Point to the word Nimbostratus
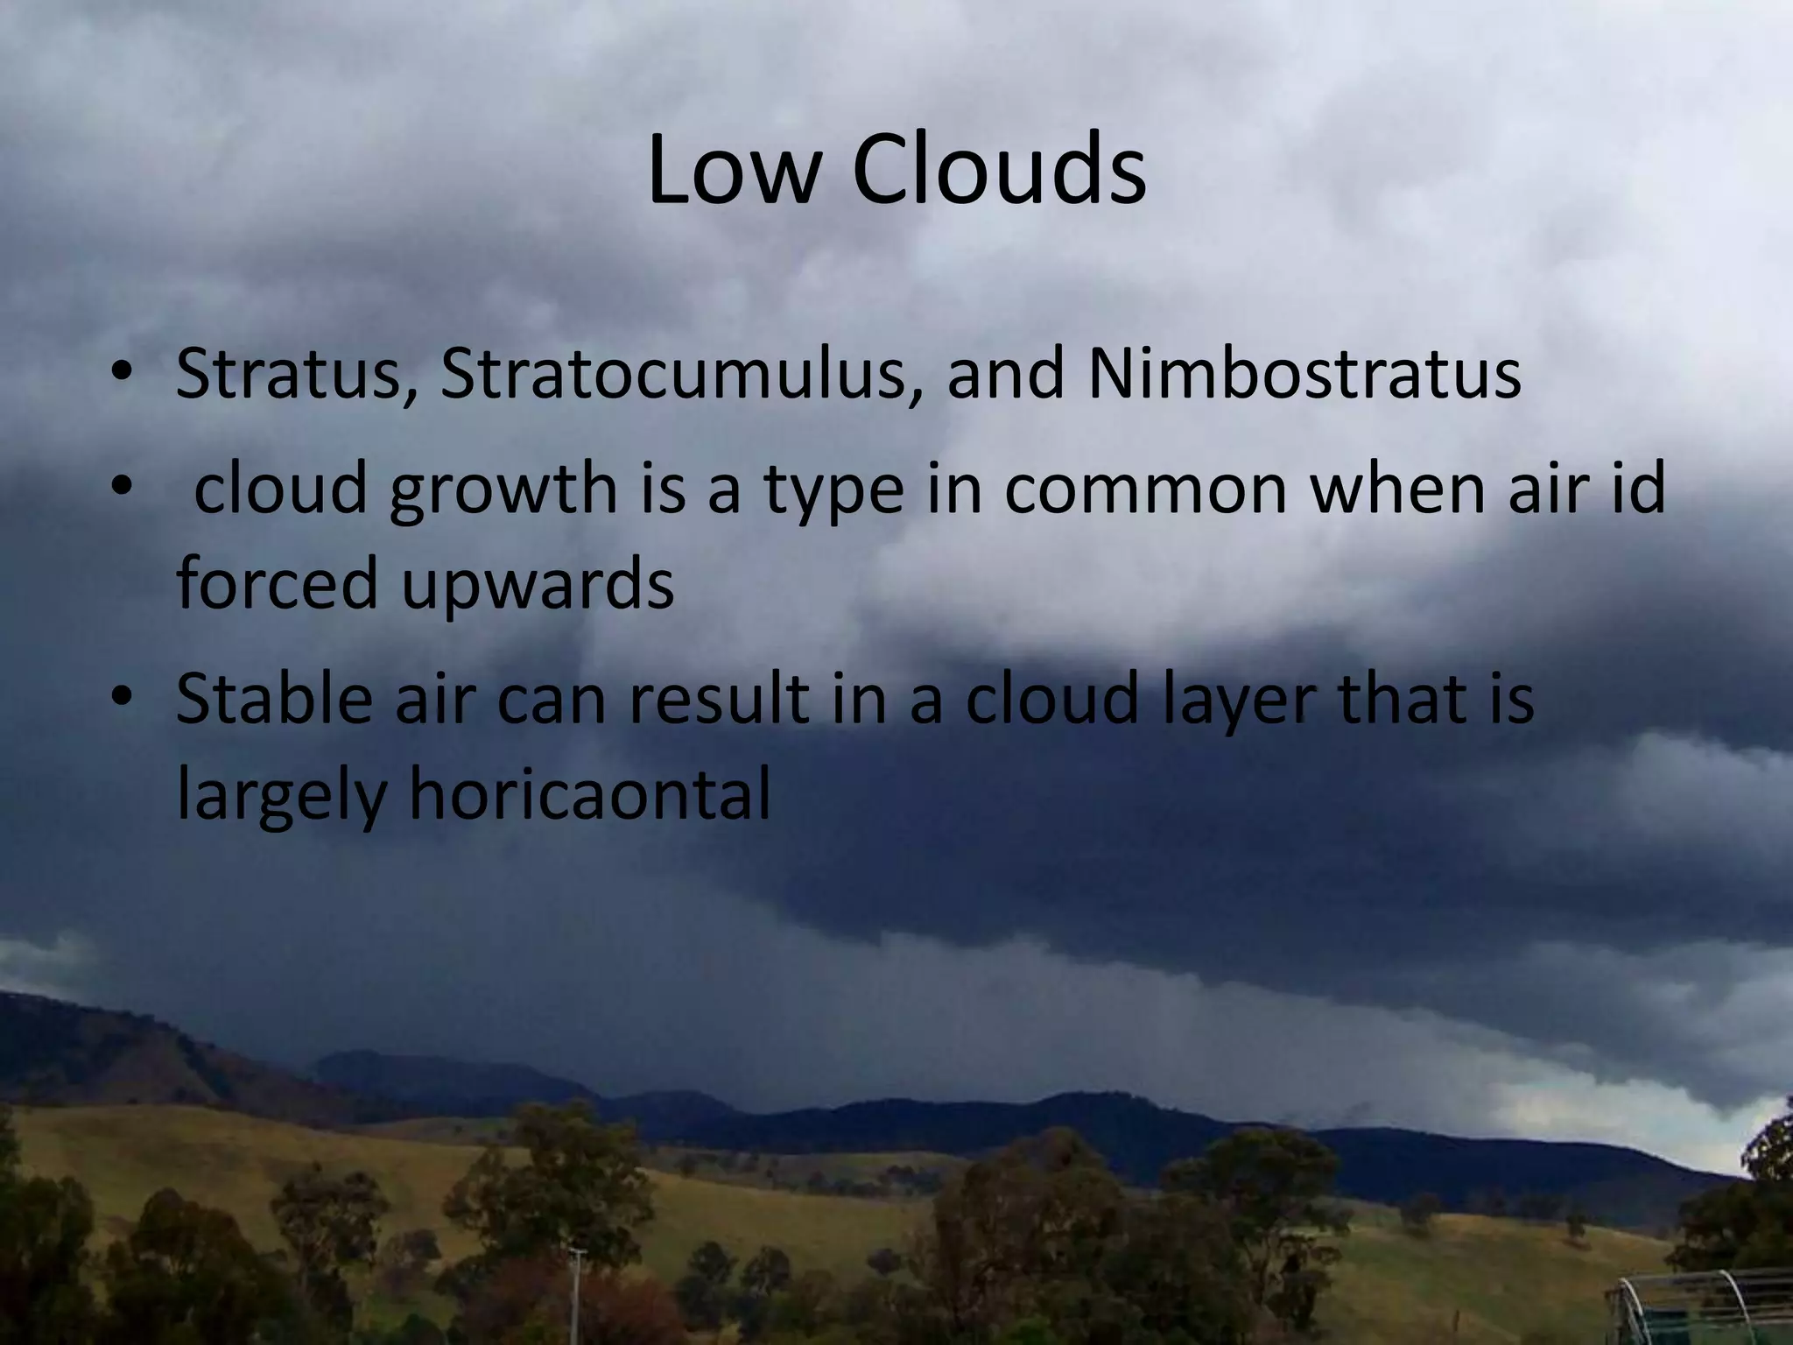point(1304,375)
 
